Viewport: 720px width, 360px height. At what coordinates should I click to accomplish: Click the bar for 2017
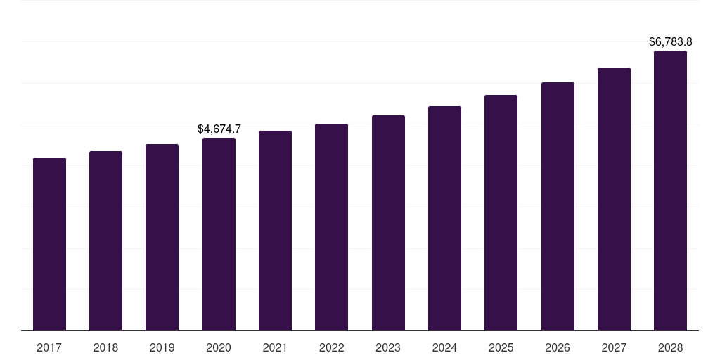point(49,244)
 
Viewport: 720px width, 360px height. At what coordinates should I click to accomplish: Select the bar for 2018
point(105,240)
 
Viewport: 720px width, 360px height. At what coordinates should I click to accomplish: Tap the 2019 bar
point(162,237)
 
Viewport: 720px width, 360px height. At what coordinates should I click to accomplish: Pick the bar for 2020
point(219,234)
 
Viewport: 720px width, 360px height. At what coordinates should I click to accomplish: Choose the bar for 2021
point(275,231)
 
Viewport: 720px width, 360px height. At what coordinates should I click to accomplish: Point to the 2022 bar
point(331,227)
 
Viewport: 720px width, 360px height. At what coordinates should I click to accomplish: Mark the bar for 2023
point(388,223)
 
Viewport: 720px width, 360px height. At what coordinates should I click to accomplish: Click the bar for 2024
point(444,218)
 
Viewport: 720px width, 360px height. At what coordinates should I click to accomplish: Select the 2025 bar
point(501,212)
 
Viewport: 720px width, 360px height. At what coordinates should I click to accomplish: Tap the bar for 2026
point(558,206)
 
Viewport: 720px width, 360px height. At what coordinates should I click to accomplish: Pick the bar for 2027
point(614,199)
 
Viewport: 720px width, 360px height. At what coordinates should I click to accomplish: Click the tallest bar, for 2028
point(670,191)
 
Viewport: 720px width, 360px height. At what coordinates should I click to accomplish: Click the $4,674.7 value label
point(219,129)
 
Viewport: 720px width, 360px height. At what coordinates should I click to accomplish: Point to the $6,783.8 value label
point(671,42)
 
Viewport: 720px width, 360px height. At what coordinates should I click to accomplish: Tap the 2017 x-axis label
point(49,347)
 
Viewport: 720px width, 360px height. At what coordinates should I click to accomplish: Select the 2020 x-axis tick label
point(219,347)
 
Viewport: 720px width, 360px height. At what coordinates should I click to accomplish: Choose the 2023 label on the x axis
point(388,347)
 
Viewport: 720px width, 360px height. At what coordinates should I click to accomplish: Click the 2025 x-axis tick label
point(501,347)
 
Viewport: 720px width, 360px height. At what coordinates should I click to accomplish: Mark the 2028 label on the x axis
point(670,347)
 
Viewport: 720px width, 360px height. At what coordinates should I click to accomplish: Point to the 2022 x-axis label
point(331,347)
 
